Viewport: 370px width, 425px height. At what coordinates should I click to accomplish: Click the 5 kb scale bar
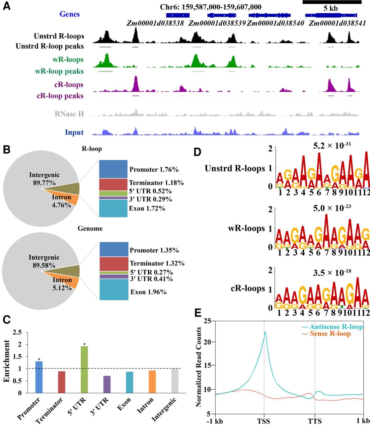[332, 2]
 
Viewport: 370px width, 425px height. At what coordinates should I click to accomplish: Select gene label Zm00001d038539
[217, 23]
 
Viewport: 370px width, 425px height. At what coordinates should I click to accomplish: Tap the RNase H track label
[69, 114]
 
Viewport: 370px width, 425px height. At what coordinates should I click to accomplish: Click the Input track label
[74, 132]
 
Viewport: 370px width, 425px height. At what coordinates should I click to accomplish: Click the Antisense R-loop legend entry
[333, 327]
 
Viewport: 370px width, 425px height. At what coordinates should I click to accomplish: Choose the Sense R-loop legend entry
[327, 334]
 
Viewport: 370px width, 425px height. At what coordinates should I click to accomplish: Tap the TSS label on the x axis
[263, 421]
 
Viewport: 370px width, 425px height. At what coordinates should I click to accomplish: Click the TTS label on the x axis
[315, 421]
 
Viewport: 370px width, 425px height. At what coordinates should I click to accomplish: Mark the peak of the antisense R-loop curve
[265, 331]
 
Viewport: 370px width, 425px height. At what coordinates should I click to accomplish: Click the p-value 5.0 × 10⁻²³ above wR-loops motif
[332, 208]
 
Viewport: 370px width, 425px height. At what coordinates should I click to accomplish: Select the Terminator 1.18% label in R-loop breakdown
[156, 183]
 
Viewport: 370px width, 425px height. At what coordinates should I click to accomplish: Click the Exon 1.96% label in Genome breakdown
[149, 292]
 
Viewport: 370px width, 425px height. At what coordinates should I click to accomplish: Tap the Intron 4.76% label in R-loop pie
[61, 201]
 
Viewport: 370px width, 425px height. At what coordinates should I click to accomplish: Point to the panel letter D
[197, 152]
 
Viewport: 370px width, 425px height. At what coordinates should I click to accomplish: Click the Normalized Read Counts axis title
[198, 367]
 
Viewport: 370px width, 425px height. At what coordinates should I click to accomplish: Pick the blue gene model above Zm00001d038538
[178, 15]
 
